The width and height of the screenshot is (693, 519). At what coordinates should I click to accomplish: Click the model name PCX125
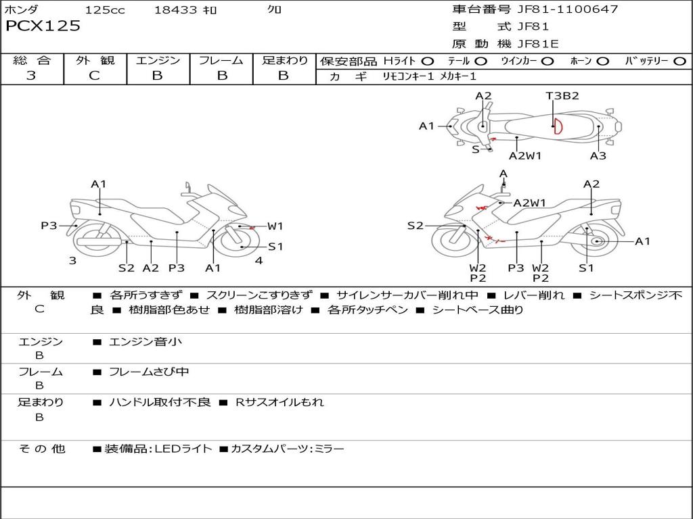[x=43, y=26]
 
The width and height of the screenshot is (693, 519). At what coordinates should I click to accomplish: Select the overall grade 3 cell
[x=31, y=76]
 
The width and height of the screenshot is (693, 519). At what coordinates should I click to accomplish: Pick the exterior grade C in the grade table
[x=94, y=76]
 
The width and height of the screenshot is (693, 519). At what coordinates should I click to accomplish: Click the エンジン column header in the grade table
[x=158, y=61]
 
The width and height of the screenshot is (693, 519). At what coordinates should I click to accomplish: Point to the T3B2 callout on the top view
[x=562, y=96]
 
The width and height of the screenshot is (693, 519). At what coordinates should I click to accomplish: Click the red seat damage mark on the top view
[x=557, y=126]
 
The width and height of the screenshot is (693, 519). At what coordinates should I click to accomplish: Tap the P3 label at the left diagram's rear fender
[x=49, y=226]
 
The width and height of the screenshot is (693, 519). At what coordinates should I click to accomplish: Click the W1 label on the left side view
[x=275, y=226]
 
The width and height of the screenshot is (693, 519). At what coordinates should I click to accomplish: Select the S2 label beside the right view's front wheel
[x=415, y=226]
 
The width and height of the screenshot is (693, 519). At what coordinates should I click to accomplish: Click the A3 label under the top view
[x=598, y=155]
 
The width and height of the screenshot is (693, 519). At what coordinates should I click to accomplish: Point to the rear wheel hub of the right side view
[x=597, y=241]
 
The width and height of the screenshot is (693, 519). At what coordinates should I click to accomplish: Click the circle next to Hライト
[x=427, y=61]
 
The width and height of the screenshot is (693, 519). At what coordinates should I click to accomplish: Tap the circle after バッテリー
[x=679, y=61]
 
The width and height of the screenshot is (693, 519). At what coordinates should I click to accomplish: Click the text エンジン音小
[x=146, y=342]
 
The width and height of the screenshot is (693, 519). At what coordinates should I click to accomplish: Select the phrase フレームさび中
[x=149, y=372]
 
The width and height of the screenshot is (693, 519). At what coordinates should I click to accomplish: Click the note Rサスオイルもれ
[x=280, y=402]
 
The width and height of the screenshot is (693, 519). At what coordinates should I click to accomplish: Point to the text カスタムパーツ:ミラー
[x=288, y=449]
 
